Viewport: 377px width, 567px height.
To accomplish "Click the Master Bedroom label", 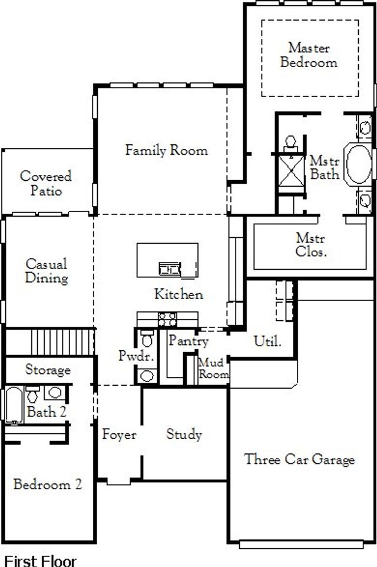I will [x=309, y=55].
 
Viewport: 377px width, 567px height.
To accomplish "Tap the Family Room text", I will [x=166, y=150].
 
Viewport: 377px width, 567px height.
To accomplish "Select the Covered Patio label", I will [x=45, y=183].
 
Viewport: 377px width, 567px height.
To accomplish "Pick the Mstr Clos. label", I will [x=311, y=245].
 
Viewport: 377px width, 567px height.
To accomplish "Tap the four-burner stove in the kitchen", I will [x=167, y=319].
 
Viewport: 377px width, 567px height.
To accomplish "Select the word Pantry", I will [x=188, y=340].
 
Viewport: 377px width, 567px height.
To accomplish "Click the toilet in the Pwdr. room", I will [x=147, y=339].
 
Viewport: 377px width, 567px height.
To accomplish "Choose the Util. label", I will [x=267, y=340].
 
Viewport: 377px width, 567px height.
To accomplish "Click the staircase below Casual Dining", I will [x=49, y=342].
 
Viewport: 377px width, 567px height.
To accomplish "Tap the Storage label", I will [x=48, y=370].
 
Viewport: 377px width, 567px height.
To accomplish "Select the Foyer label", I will [x=119, y=435].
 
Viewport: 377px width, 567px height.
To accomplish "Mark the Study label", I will [x=184, y=435].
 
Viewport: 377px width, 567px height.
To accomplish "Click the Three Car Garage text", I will [x=299, y=459].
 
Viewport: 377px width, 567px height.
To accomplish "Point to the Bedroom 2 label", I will [x=47, y=485].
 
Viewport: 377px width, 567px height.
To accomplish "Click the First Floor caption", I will [x=40, y=560].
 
